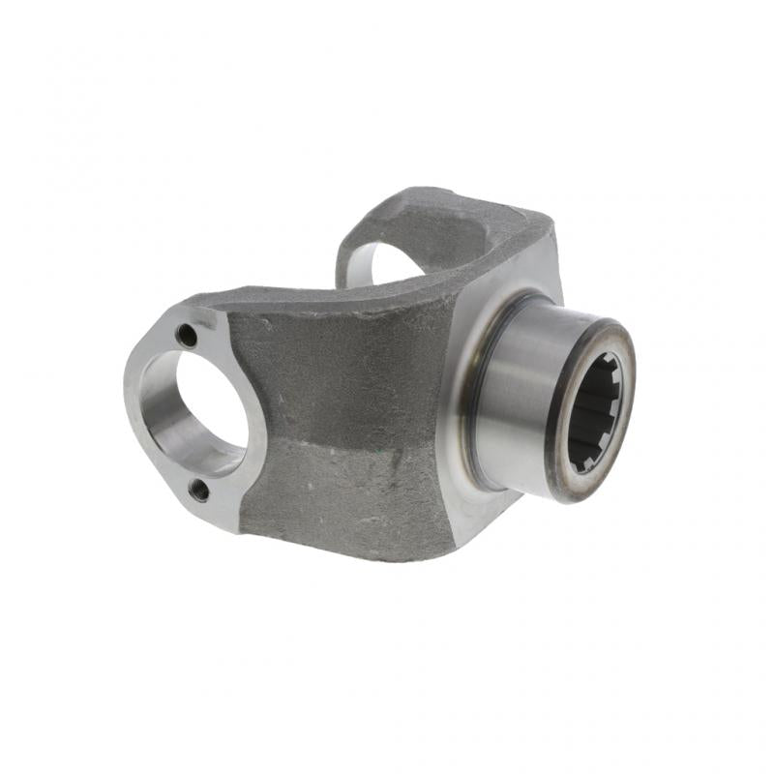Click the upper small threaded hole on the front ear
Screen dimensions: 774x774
[187, 336]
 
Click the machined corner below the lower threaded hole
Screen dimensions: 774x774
[218, 518]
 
